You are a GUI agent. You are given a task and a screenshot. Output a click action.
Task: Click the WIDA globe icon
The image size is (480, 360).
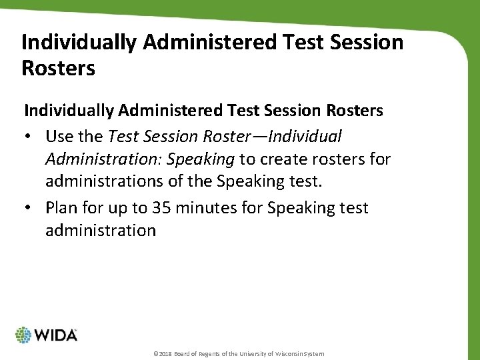click(x=24, y=335)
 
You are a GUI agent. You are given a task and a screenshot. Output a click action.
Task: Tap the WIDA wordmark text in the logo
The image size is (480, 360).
click(x=57, y=335)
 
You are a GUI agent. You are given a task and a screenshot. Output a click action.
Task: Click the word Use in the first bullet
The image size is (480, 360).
click(x=59, y=137)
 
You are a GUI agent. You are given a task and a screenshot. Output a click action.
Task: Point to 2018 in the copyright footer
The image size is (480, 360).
click(x=165, y=353)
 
